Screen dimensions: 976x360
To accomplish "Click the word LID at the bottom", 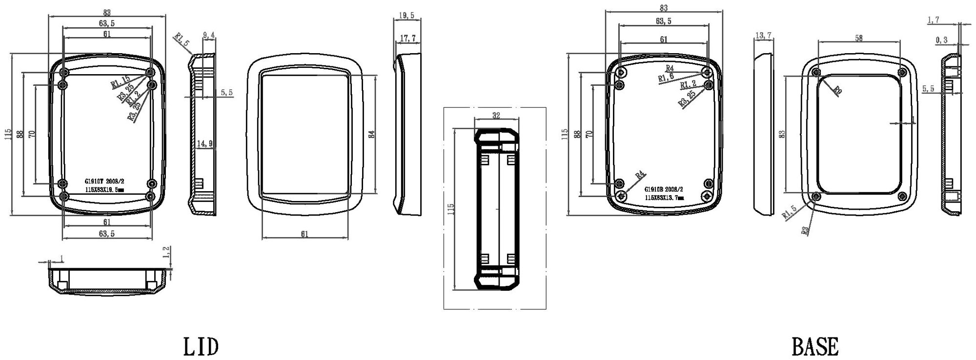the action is tap(201, 347).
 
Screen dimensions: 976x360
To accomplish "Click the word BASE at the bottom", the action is tap(815, 347).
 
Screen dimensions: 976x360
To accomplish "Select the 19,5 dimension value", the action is tap(407, 16).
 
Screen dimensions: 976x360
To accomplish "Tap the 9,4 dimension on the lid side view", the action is tap(208, 35).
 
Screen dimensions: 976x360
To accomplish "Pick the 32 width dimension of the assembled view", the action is tap(496, 116).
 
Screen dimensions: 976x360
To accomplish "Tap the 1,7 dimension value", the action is tap(933, 20).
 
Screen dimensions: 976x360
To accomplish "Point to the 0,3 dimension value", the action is tap(941, 40).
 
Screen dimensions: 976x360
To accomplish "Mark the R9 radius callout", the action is tap(837, 90).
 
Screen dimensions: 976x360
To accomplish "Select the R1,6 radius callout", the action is tap(666, 78).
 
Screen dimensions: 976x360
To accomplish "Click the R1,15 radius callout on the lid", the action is tap(120, 81).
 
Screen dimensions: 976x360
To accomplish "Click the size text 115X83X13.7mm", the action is tap(664, 198).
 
